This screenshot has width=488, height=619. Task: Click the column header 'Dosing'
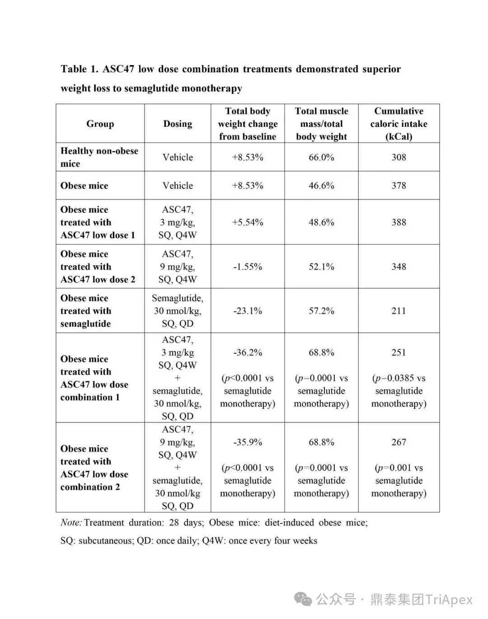(x=178, y=124)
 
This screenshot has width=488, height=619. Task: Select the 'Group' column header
(x=100, y=124)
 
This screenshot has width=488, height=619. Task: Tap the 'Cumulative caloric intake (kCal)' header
(x=399, y=124)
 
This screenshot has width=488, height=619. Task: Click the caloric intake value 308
(x=399, y=157)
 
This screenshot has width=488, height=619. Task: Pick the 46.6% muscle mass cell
(x=321, y=185)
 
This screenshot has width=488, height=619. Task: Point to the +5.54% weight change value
(x=248, y=222)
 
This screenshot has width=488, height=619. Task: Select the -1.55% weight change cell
(x=248, y=267)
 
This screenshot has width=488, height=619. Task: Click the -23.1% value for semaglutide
(x=248, y=311)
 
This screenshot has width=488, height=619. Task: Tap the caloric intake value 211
(x=399, y=311)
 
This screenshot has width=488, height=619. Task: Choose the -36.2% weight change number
(x=248, y=352)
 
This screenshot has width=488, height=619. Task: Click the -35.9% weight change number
(x=248, y=442)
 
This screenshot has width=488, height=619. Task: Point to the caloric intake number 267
(x=399, y=442)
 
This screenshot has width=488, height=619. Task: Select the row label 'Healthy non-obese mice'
(x=99, y=157)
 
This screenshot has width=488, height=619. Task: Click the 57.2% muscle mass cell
(x=321, y=311)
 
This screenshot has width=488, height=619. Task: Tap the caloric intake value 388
(x=399, y=222)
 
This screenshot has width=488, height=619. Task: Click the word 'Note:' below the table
(x=71, y=522)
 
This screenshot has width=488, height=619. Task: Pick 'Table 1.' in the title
(x=80, y=69)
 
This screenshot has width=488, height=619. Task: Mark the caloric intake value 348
(x=399, y=267)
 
